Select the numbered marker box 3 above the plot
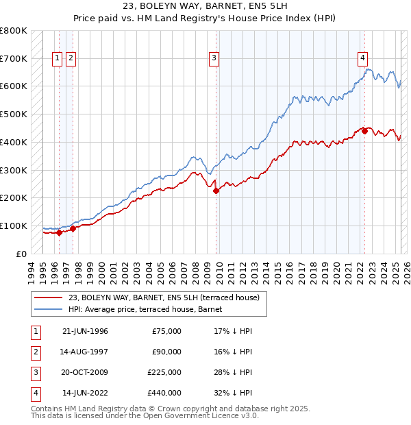(214, 59)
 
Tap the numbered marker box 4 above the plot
(362, 59)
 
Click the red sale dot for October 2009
(216, 191)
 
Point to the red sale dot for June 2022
(364, 131)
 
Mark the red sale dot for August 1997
(73, 228)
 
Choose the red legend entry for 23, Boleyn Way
(163, 298)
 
